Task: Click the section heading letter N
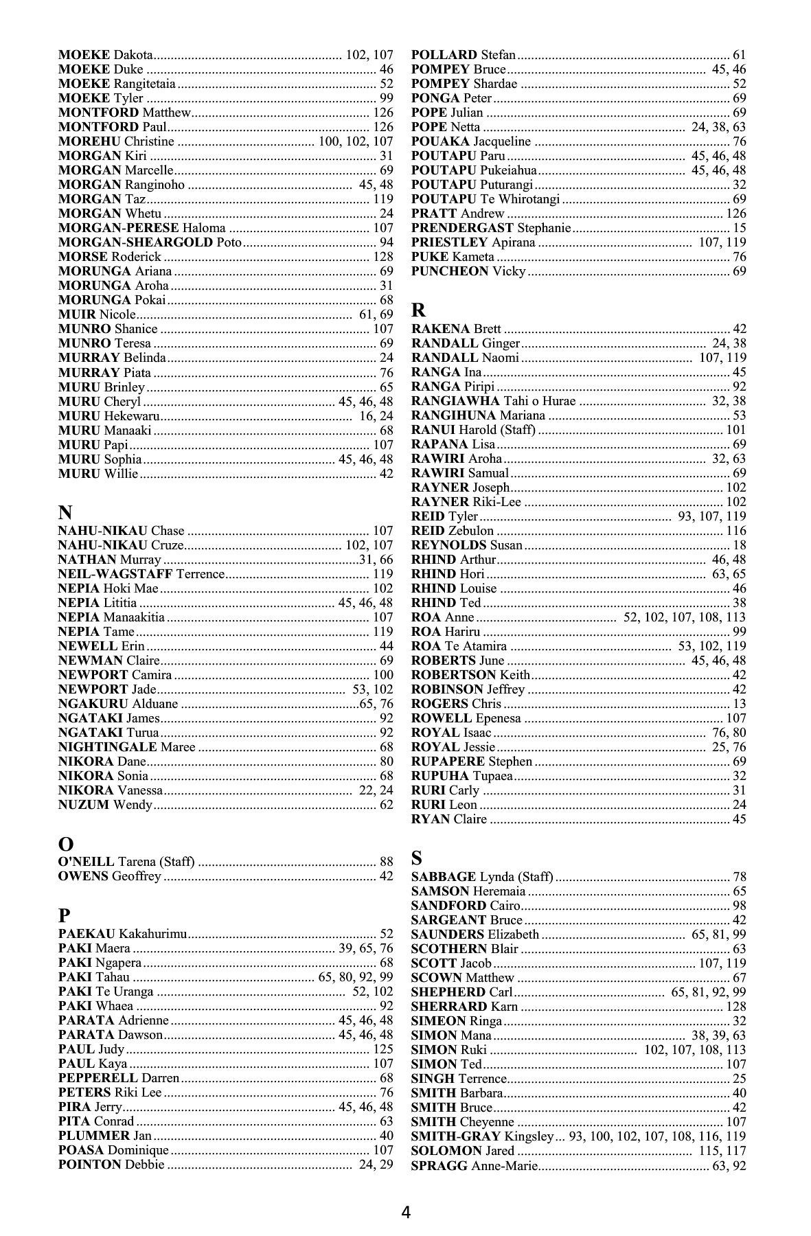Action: (65, 512)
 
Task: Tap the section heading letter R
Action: (418, 310)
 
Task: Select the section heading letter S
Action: (417, 858)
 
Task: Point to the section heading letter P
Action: (65, 915)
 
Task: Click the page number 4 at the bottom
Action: (406, 1212)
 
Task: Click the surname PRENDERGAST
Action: (462, 228)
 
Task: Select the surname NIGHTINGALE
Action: (108, 747)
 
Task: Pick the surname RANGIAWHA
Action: (455, 401)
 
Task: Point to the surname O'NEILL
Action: (87, 862)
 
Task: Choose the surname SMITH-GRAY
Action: (456, 1136)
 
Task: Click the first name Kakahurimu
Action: (152, 934)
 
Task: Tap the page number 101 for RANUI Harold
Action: (736, 430)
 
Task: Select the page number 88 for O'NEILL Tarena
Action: (387, 862)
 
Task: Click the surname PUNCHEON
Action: (450, 271)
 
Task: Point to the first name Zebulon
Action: (471, 531)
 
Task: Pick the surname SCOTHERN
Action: (449, 949)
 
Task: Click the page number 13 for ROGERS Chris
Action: (740, 704)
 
